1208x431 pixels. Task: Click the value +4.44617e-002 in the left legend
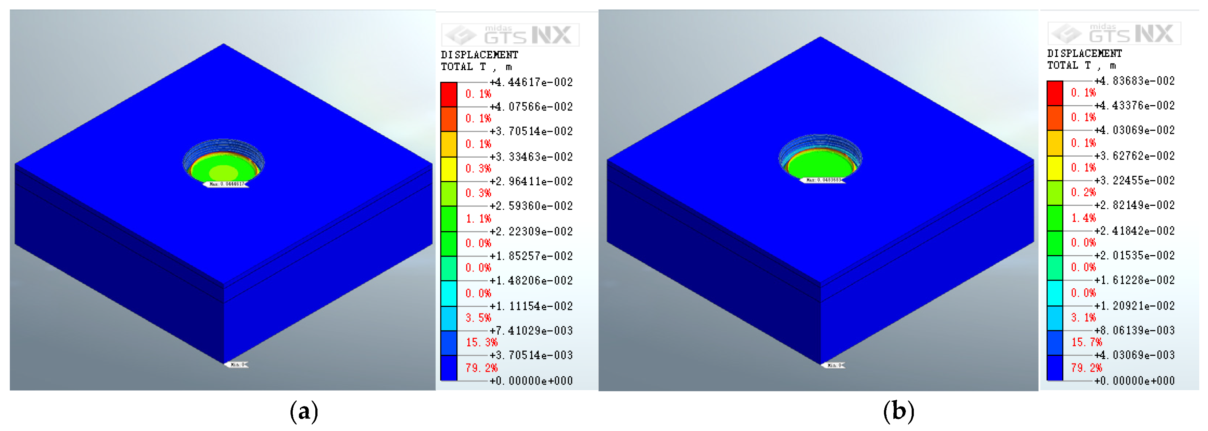[x=531, y=82]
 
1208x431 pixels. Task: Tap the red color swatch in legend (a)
[x=448, y=95]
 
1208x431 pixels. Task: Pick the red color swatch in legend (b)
[x=1055, y=93]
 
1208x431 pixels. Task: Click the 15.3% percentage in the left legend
[x=481, y=342]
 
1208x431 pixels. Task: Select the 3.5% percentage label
[x=478, y=318]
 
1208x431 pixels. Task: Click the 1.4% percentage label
[x=1083, y=218]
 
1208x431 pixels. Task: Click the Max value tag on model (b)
[x=823, y=180]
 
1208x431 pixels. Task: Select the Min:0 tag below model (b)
[x=834, y=365]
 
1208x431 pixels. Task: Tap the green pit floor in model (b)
[x=820, y=167]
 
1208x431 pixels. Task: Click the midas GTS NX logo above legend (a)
[x=510, y=35]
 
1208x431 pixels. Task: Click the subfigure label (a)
[x=304, y=412]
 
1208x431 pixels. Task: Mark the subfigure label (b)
[x=898, y=412]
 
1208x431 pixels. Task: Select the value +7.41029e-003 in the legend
[x=531, y=331]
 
